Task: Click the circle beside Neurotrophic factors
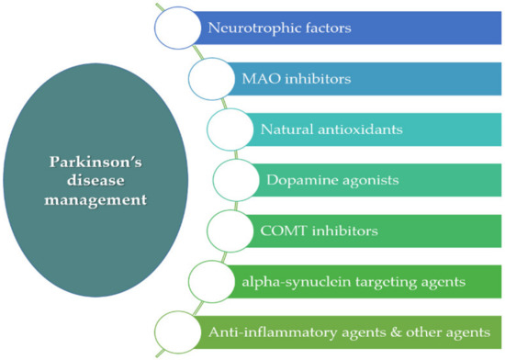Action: coord(176,28)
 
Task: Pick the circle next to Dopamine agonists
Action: coord(236,179)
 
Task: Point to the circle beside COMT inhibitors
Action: coord(230,229)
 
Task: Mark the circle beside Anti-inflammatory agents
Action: coord(176,329)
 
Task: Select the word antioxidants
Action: coord(363,129)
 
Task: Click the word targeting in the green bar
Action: coord(389,279)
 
